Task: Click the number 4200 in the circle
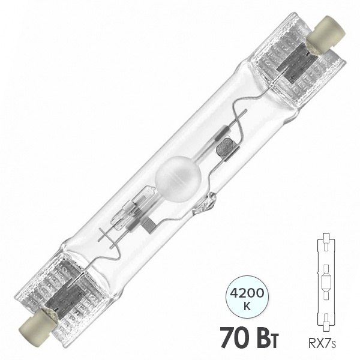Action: point(247,293)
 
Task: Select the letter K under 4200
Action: point(247,307)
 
